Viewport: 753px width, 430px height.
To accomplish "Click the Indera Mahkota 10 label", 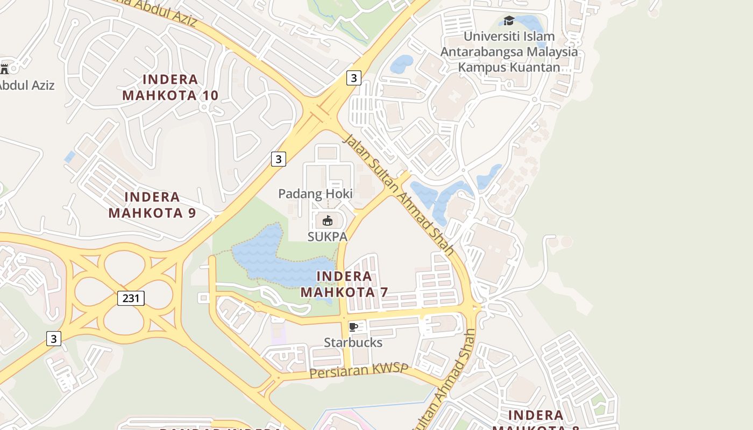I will point(170,88).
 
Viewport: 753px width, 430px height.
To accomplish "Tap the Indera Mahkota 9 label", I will point(152,205).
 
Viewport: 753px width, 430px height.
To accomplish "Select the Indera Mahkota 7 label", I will point(344,284).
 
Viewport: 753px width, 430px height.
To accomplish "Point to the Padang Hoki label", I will point(315,194).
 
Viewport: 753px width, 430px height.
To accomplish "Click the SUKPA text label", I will point(327,236).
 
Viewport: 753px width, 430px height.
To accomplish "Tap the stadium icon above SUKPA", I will point(327,220).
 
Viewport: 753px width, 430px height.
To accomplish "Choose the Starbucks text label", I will point(353,343).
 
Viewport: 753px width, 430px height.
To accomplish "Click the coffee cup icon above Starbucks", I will point(353,327).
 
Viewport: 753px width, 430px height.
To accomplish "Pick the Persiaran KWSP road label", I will point(359,371).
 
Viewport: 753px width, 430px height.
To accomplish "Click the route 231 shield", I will point(131,298).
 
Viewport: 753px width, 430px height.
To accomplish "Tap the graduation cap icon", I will point(508,21).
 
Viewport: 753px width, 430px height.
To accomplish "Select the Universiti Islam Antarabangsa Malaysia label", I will point(509,52).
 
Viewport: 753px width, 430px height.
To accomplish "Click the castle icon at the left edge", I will point(5,68).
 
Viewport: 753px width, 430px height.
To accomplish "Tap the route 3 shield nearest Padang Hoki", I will point(278,159).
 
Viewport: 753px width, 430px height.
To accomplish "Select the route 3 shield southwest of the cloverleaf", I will point(53,339).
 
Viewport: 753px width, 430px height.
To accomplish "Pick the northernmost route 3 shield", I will point(353,78).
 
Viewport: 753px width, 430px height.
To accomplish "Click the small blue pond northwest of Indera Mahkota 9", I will point(70,157).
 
